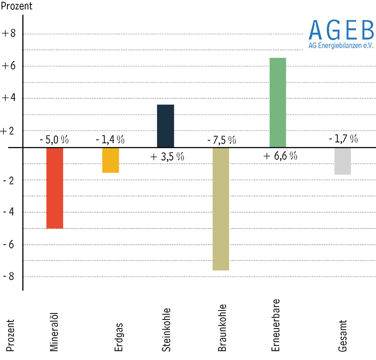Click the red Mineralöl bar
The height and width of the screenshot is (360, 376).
pyautogui.click(x=55, y=188)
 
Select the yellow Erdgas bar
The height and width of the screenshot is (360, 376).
pyautogui.click(x=111, y=160)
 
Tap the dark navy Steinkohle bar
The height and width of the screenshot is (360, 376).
pyautogui.click(x=165, y=126)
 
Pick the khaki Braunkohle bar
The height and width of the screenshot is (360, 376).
pyautogui.click(x=221, y=209)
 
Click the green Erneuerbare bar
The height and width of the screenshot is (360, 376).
pyautogui.click(x=278, y=102)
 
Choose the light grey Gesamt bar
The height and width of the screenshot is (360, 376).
pyautogui.click(x=342, y=161)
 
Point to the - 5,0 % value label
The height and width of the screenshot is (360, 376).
pyautogui.click(x=54, y=140)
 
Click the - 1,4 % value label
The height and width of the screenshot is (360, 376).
pyautogui.click(x=110, y=140)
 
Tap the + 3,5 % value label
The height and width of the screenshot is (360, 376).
pyautogui.click(x=167, y=157)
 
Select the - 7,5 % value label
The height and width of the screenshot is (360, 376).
pyautogui.click(x=222, y=140)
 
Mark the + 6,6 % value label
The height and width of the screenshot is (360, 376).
pyautogui.click(x=280, y=156)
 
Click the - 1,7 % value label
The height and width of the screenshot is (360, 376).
pyautogui.click(x=343, y=139)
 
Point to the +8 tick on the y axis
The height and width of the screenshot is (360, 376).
pyautogui.click(x=9, y=33)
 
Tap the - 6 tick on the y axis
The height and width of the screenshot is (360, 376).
pyautogui.click(x=9, y=244)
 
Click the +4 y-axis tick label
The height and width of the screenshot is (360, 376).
pyautogui.click(x=9, y=97)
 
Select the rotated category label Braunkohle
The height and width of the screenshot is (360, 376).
pyautogui.click(x=222, y=328)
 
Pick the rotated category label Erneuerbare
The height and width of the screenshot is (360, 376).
pyautogui.click(x=275, y=325)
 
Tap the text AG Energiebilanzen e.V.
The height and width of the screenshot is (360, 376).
pyautogui.click(x=341, y=46)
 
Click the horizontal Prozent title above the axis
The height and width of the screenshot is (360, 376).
pyautogui.click(x=17, y=6)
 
